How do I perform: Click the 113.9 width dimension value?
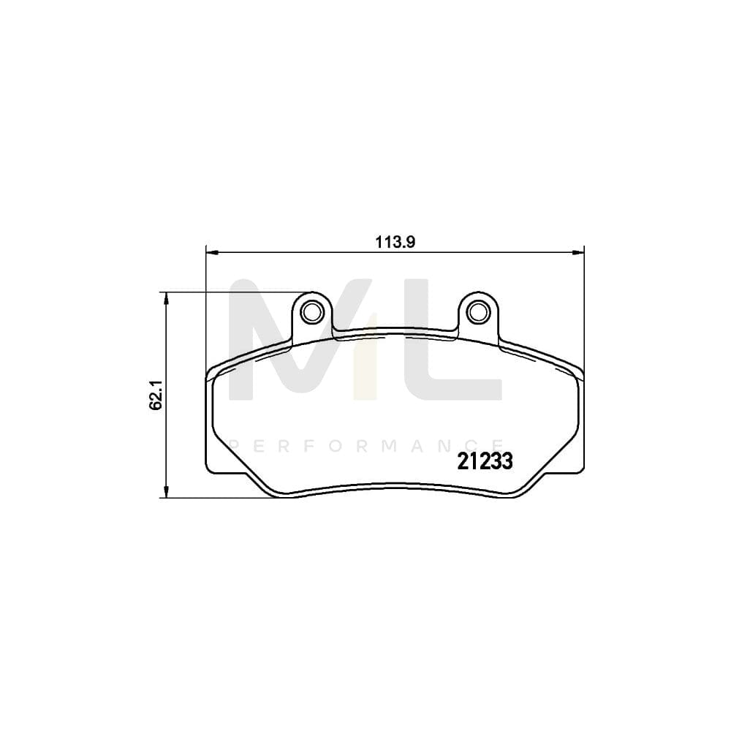[396, 243]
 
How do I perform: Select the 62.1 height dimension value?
[155, 395]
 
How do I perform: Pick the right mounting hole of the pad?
[479, 311]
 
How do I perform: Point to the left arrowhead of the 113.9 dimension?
[212, 253]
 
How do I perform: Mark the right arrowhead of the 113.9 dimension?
[580, 253]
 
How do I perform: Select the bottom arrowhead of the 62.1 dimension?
[167, 492]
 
